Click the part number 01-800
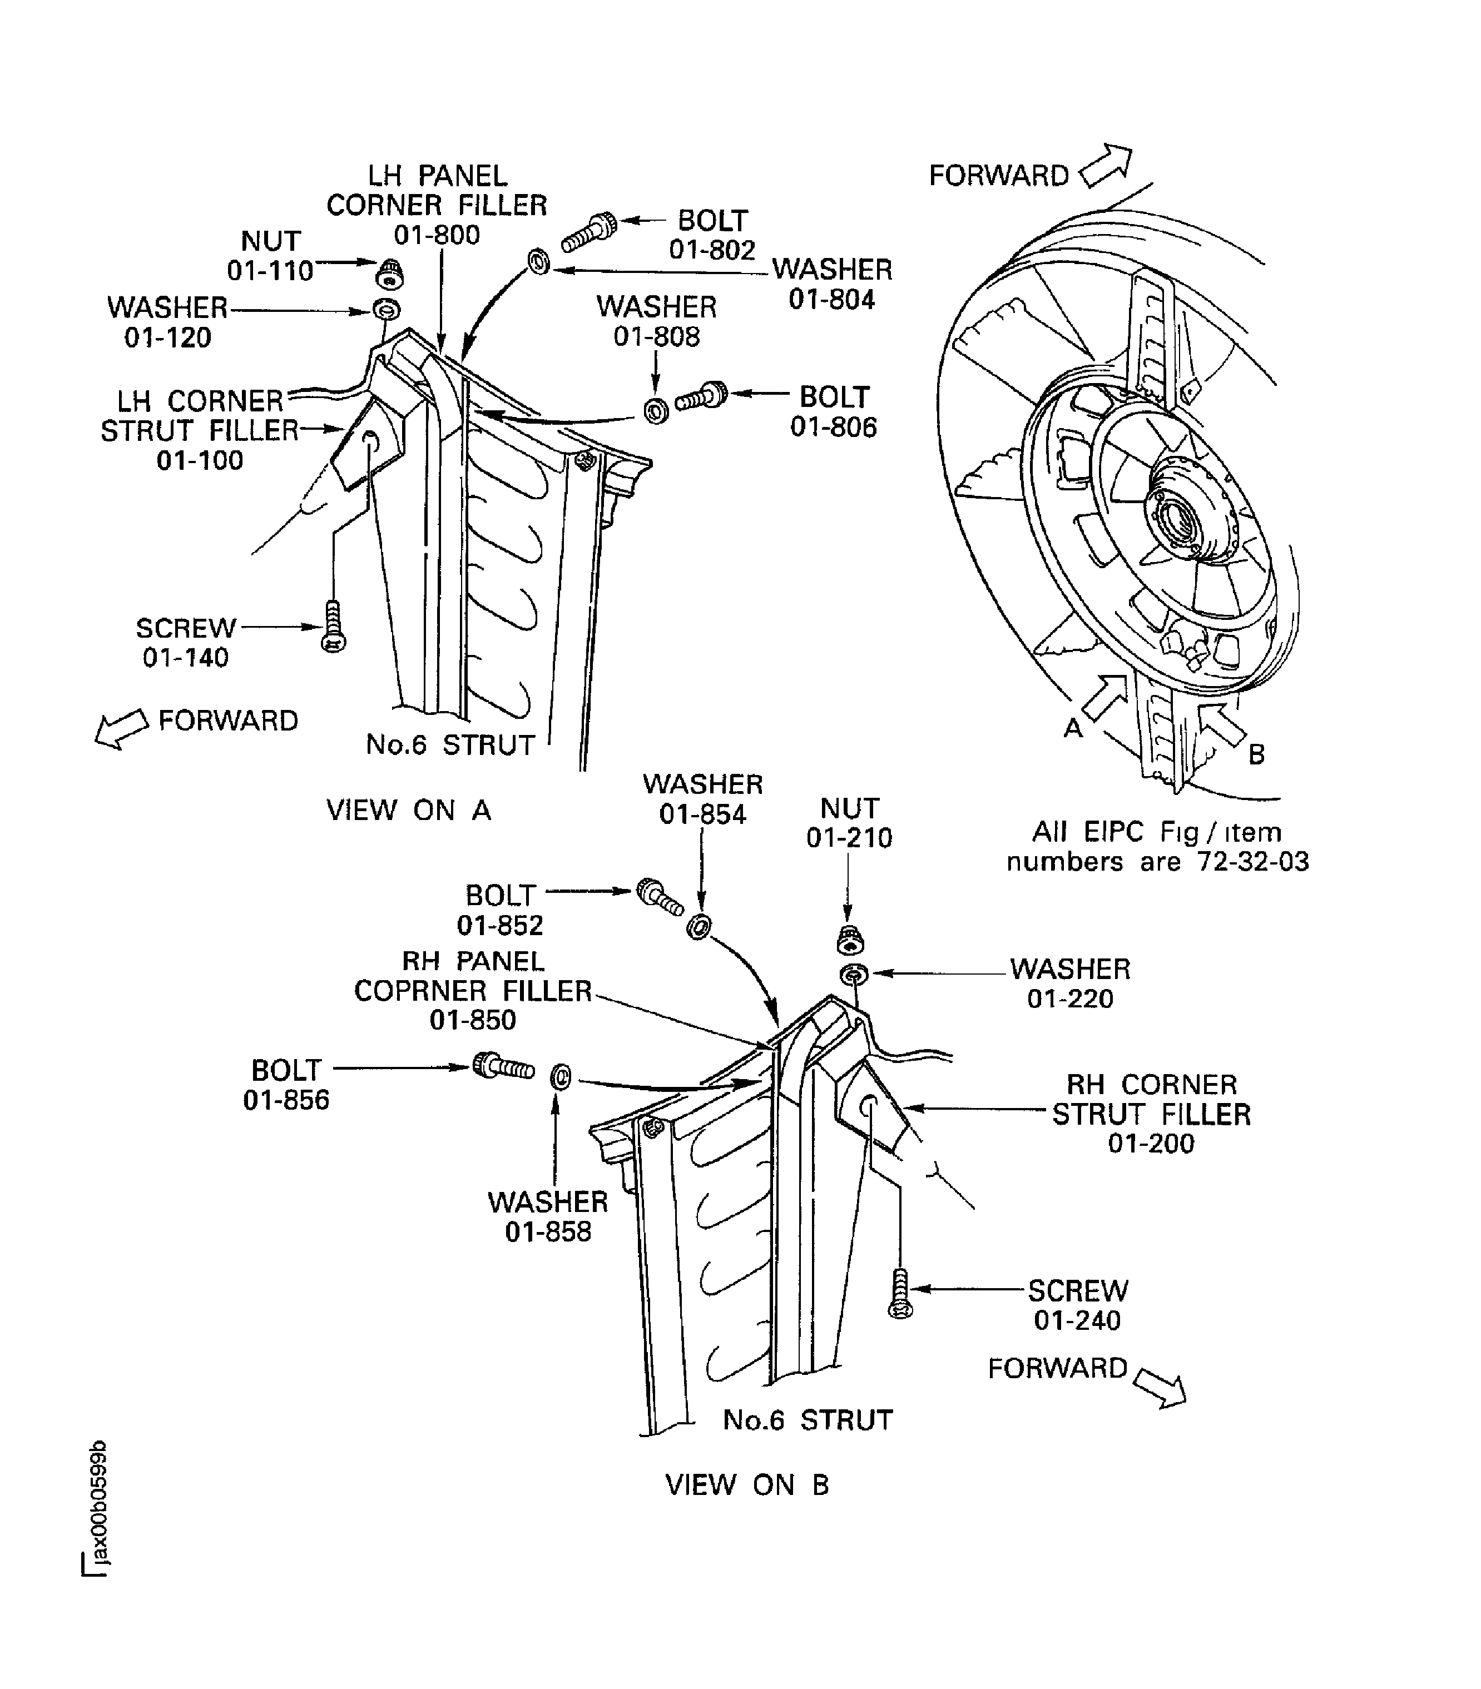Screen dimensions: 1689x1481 pos(437,236)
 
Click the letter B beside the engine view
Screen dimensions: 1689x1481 pos(1256,754)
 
